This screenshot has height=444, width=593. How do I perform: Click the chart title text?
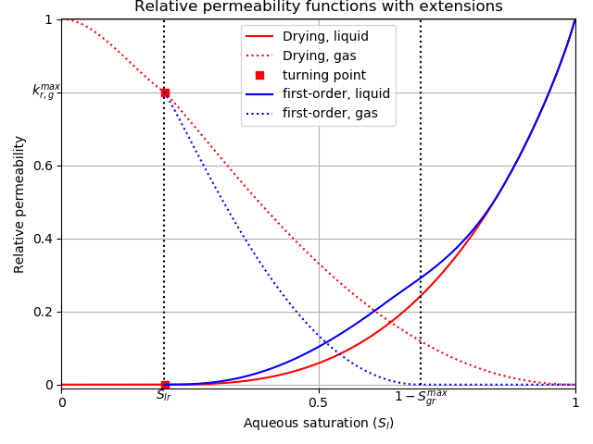click(319, 7)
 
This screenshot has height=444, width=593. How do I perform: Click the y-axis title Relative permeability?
click(20, 204)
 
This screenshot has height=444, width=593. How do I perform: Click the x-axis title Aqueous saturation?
click(319, 424)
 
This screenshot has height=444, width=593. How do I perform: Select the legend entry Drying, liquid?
click(325, 37)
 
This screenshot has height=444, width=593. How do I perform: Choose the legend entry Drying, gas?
click(321, 56)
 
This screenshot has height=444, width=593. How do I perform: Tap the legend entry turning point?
click(323, 75)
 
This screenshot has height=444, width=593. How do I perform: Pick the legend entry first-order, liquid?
click(336, 94)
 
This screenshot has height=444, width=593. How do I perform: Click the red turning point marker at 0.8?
click(165, 92)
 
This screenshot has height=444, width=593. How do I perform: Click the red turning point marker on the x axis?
click(165, 385)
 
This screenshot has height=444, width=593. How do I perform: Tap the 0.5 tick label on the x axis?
click(319, 402)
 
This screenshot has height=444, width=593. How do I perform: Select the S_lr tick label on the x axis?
click(164, 396)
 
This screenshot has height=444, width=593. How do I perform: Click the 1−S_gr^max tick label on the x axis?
click(421, 398)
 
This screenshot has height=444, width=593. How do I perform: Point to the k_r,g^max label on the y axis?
click(45, 91)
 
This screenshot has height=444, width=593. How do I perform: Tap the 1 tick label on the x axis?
click(575, 402)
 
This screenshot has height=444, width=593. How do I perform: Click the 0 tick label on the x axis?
click(62, 402)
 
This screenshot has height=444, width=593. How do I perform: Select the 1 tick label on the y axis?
click(49, 19)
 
